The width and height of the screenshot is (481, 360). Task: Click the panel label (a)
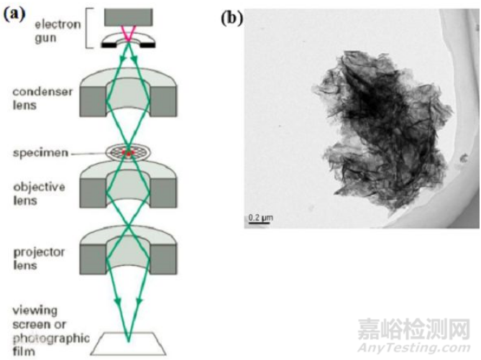tap(14, 14)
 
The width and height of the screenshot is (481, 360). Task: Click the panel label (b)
tap(232, 18)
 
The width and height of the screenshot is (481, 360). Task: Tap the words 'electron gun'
tap(58, 31)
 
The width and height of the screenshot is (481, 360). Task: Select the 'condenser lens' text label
tap(42, 98)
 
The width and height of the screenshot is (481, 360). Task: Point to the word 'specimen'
tap(40, 153)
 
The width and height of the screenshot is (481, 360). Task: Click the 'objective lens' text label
tap(39, 193)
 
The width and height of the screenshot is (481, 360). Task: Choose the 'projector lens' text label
tap(39, 259)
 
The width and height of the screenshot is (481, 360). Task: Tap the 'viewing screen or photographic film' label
tap(51, 331)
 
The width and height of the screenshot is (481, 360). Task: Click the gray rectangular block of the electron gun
tap(128, 17)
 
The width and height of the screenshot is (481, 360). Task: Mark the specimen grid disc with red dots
tap(128, 152)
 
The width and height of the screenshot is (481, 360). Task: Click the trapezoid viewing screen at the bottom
tap(128, 343)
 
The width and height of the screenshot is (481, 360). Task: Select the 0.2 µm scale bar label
tap(260, 218)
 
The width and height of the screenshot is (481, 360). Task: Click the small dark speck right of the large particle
tap(464, 158)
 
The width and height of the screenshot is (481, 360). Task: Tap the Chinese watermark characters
tap(414, 329)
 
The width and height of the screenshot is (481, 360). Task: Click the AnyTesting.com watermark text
tap(414, 348)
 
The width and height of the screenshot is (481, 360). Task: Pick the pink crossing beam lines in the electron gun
tap(128, 34)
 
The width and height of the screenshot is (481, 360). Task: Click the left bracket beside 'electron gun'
tap(89, 28)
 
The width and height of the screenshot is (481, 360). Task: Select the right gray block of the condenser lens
tap(163, 101)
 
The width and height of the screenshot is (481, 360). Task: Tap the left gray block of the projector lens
tap(93, 259)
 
